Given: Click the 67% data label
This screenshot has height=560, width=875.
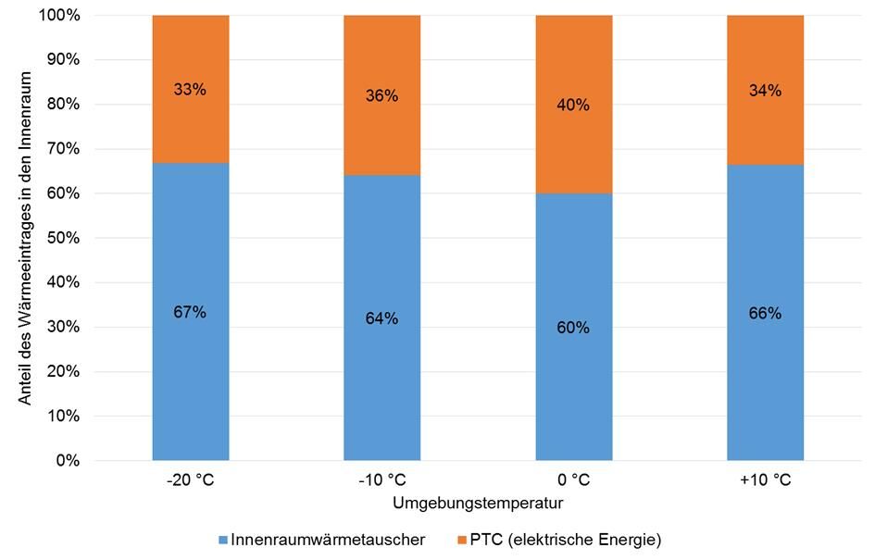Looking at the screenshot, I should point(190,312).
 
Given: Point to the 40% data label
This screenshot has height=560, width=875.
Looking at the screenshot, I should point(573,106).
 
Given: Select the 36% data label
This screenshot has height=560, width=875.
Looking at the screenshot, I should point(381,96).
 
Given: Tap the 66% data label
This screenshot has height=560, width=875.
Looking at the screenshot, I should point(765,313).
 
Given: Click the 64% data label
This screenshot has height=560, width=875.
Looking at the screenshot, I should point(381,318).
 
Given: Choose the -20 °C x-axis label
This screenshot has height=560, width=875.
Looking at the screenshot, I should point(190,481).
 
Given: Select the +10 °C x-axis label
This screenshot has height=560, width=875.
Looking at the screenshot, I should point(765,481).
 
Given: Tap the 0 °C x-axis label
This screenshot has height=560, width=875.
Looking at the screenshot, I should point(573,481).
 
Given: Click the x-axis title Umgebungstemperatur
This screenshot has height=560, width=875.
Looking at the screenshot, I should point(478,504).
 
